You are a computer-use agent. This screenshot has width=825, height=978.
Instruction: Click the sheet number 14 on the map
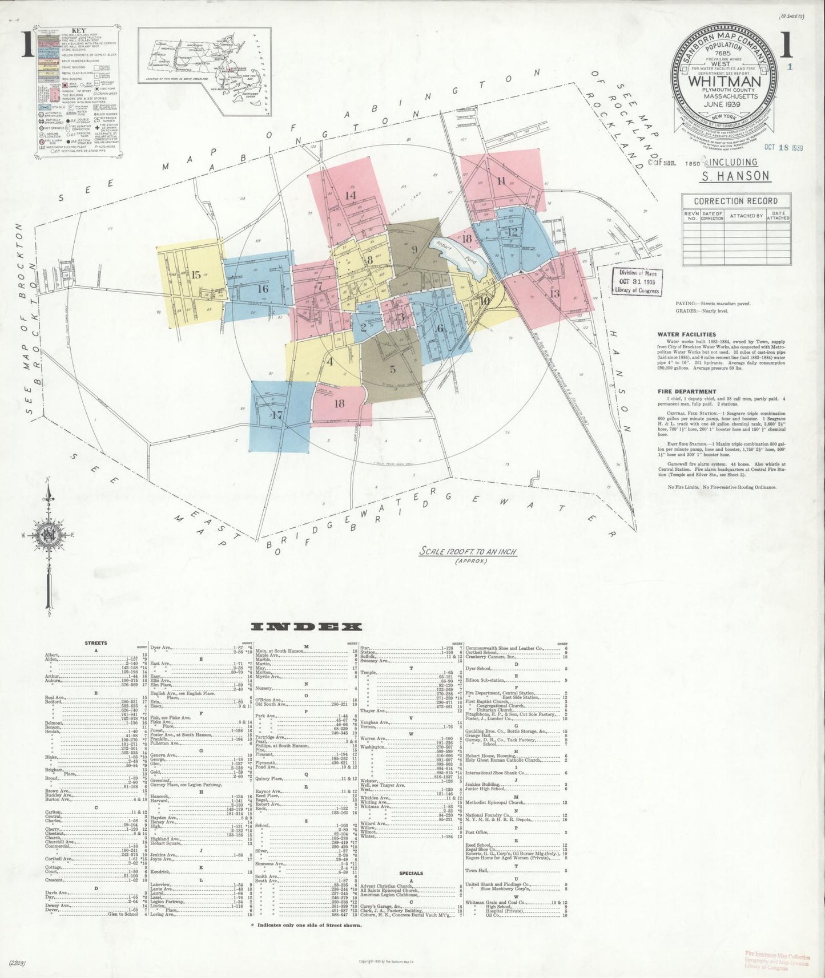tap(350, 195)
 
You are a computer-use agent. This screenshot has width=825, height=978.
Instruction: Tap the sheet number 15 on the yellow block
tap(196, 275)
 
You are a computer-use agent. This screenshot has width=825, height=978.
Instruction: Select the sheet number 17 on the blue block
tap(277, 415)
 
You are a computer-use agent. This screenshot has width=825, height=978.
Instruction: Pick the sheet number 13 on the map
tap(554, 294)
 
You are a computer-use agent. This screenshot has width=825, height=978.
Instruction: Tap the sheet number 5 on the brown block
tap(393, 369)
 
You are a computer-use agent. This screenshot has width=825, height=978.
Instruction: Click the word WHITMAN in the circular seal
tap(725, 82)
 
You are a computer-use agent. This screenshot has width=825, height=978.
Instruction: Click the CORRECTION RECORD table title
tap(735, 201)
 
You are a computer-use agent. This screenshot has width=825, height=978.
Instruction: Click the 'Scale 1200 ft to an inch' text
tap(468, 552)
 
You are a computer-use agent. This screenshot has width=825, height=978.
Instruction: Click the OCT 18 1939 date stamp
tap(782, 147)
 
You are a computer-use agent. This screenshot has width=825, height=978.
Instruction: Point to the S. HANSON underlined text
tap(735, 176)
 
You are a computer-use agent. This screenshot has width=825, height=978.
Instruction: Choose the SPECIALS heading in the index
tap(411, 873)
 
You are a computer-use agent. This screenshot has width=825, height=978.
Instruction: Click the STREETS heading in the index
tap(95, 643)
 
